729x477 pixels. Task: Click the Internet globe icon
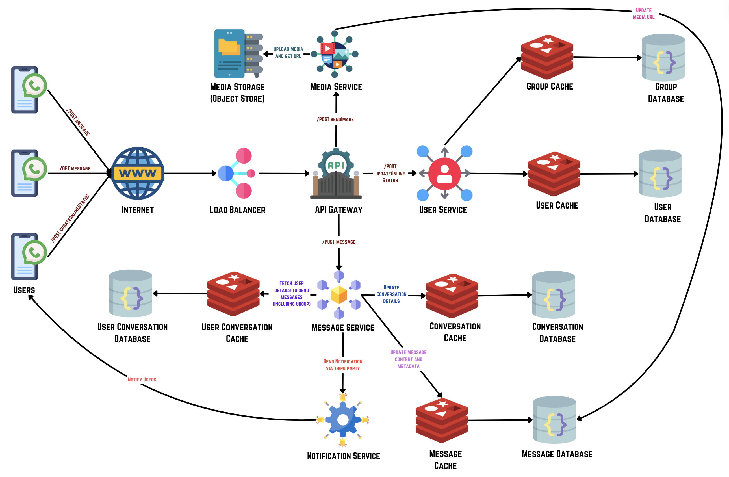pos(138,173)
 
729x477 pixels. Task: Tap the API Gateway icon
pos(336,173)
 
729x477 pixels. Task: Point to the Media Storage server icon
pos(238,54)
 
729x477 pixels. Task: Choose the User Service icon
pos(444,174)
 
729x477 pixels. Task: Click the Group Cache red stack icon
pos(547,57)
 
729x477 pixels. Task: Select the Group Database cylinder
pos(663,58)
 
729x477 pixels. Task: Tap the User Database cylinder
pos(660,174)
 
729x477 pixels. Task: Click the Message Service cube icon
pos(339,295)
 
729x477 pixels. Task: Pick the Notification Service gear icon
pos(343,420)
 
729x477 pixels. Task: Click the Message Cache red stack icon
pos(442,420)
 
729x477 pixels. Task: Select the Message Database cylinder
pos(554,420)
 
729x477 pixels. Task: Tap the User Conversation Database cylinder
pos(131,293)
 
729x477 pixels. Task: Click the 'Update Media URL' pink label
pos(644,14)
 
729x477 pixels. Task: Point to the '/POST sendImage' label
pos(335,120)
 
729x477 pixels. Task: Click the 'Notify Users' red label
pos(142,380)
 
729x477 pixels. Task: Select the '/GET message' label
pos(75,168)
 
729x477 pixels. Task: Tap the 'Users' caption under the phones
pos(24,290)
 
